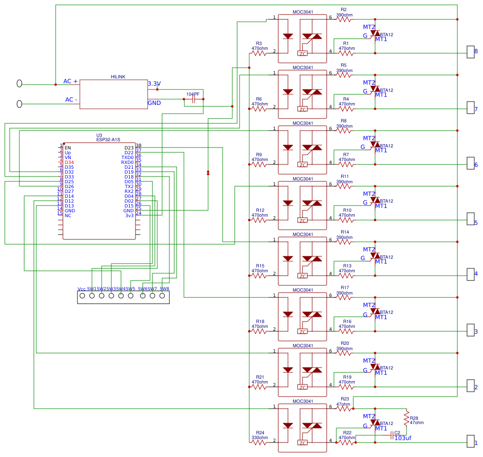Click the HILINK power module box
(114, 94)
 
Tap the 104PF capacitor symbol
(194, 99)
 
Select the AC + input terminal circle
(19, 84)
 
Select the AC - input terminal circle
(19, 104)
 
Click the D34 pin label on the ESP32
(69, 162)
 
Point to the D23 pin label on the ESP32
(129, 148)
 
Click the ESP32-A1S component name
(108, 140)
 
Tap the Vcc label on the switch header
(82, 289)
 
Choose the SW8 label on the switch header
(164, 289)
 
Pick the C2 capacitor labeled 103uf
(392, 436)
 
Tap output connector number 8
(470, 52)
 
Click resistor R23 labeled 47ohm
(344, 409)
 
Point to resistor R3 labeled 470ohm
(259, 53)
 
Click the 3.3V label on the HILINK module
(154, 84)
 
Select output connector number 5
(470, 219)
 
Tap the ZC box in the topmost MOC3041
(302, 53)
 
